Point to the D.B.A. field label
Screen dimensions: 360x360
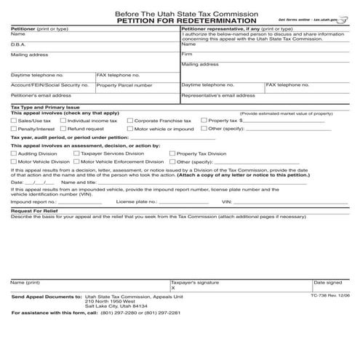coord(19,44)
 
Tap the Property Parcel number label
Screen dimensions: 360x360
coord(124,85)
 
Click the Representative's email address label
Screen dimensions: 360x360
coord(218,95)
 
